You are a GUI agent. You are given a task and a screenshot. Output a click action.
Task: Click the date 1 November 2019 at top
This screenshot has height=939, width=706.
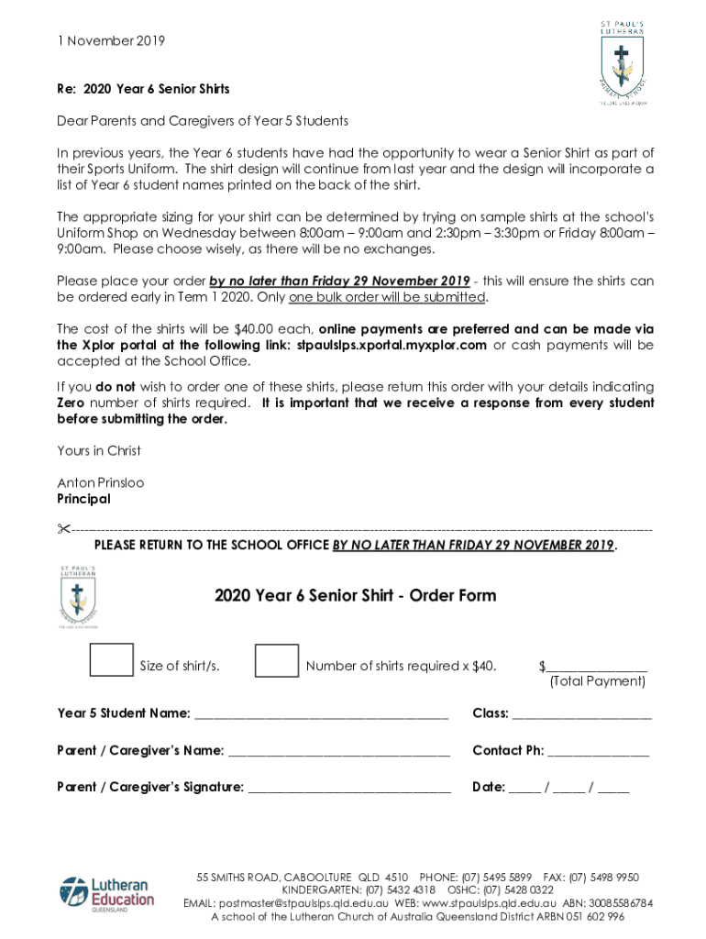[x=111, y=41]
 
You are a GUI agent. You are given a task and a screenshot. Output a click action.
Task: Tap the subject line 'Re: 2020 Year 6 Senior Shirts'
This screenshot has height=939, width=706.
[x=143, y=89]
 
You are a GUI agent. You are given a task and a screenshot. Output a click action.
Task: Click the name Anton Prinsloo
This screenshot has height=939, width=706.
[x=101, y=482]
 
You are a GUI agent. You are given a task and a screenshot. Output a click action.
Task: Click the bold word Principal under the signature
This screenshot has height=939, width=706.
[x=83, y=499]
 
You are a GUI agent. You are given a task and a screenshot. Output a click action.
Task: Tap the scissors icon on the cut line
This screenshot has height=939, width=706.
[x=63, y=529]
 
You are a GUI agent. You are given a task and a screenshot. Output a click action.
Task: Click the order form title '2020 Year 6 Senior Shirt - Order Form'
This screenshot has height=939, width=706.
[x=356, y=595]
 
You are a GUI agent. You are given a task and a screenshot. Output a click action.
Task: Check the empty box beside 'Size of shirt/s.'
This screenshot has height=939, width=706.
[x=111, y=660]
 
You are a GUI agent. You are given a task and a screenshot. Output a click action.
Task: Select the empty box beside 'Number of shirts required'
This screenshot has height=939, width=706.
[x=276, y=660]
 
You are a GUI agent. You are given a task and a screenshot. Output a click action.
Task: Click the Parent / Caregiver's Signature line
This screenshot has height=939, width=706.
[x=349, y=789]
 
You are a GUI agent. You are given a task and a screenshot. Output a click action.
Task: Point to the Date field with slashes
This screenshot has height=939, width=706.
[x=569, y=788]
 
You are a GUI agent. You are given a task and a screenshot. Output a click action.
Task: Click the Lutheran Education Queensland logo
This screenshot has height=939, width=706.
[x=106, y=896]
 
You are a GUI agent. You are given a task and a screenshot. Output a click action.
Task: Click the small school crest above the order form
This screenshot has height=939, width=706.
[x=78, y=597]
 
